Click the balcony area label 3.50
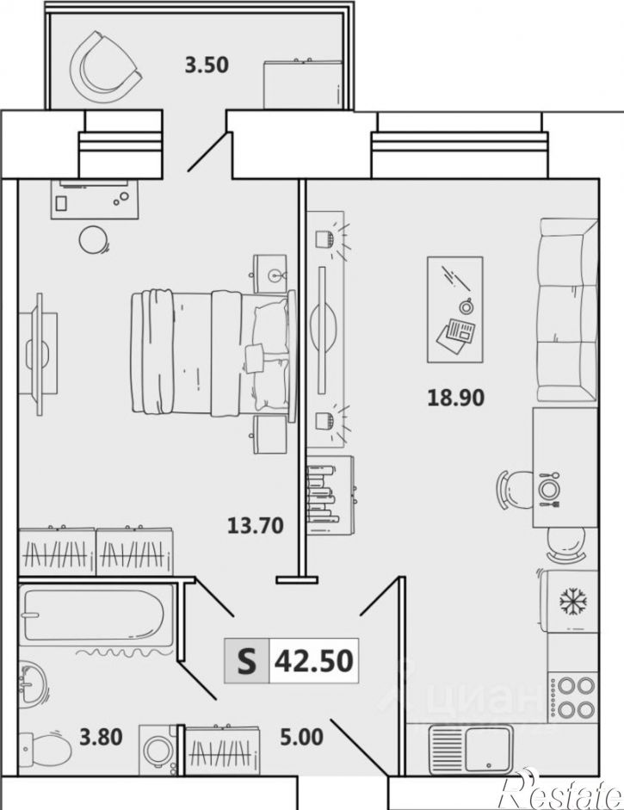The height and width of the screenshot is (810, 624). coord(207,65)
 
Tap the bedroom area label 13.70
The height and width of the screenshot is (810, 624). coord(255,525)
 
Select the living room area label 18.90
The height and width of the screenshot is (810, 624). coord(455,397)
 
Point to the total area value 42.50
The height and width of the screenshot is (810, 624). coord(313,660)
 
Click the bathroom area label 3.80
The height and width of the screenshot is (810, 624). coord(101,737)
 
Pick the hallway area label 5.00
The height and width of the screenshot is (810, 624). coord(301,737)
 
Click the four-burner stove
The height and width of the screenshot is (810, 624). coord(573,696)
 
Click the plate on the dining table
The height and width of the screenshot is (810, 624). coord(548,488)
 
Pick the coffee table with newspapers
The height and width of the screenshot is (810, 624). coord(455,309)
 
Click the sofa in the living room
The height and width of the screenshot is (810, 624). coord(567,309)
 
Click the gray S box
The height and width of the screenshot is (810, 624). coord(247,660)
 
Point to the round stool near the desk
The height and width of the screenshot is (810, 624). coord(94,240)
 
